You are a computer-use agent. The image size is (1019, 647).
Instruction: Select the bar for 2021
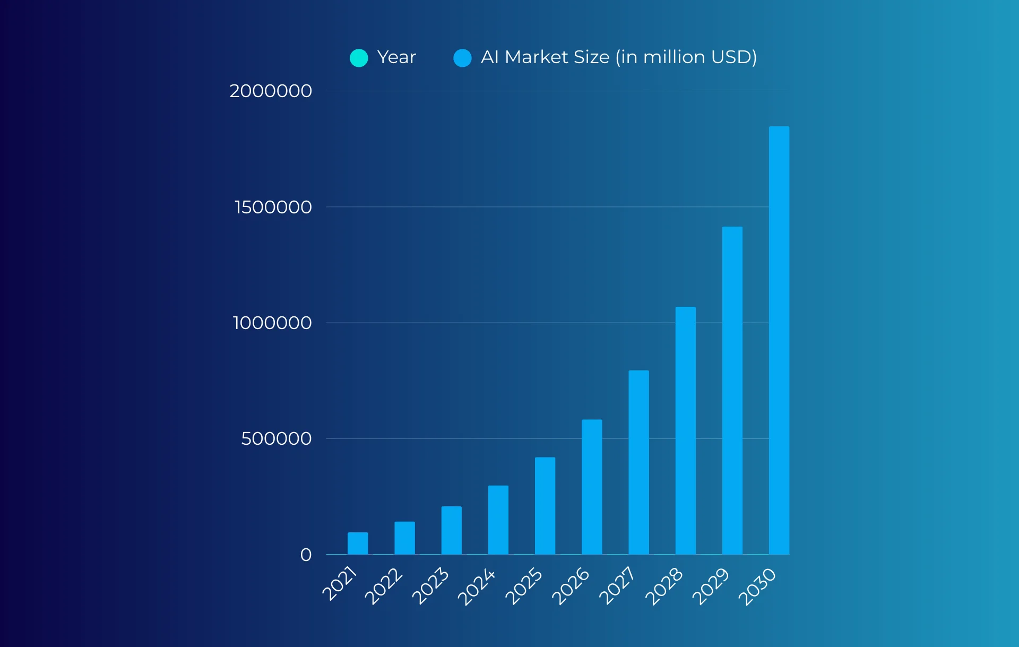358,544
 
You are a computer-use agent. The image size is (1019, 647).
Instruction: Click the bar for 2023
451,530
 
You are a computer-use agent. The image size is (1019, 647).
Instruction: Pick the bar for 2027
638,462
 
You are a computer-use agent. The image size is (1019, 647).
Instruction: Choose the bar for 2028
685,430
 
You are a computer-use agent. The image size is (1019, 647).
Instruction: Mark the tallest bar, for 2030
779,340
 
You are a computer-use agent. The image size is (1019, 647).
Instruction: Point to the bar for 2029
732,391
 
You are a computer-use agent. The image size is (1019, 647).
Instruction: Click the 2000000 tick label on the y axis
271,91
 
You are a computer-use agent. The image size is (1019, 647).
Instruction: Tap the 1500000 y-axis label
273,207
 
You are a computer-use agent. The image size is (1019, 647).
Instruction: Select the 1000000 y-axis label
272,323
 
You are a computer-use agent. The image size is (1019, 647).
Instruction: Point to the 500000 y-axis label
276,438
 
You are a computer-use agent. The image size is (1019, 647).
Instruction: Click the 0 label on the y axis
306,555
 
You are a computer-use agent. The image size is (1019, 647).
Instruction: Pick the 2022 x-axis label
383,586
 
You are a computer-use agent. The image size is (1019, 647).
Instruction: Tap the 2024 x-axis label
476,587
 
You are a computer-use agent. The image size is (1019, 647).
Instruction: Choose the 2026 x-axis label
571,586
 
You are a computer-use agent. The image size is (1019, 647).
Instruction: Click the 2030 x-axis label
757,586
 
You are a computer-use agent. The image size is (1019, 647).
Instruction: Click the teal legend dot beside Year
359,58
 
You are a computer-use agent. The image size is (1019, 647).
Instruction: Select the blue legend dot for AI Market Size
462,58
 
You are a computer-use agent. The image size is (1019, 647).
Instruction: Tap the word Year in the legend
396,57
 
